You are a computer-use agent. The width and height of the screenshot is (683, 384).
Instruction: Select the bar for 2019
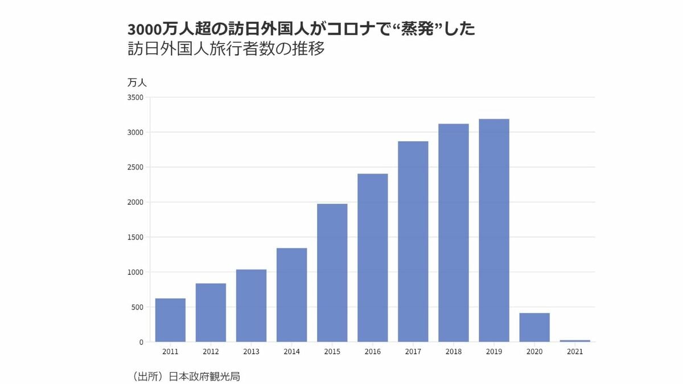tap(494, 230)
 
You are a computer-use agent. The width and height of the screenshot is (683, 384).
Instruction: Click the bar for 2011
tap(170, 320)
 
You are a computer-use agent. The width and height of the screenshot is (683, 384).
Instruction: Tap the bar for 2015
tap(332, 272)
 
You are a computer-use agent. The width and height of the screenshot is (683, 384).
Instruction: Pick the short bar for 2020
tap(534, 327)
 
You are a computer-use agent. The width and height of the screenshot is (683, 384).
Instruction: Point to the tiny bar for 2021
tap(575, 341)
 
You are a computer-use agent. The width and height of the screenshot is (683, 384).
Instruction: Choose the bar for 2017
tap(413, 241)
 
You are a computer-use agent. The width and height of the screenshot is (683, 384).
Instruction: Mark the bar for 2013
tap(251, 305)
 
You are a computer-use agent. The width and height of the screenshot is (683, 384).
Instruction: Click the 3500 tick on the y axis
tap(135, 97)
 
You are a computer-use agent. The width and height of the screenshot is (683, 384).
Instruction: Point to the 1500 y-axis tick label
tap(135, 237)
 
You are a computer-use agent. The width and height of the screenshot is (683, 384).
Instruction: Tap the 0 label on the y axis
tap(141, 342)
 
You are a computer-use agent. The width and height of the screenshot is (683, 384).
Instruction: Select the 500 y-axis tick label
tap(137, 307)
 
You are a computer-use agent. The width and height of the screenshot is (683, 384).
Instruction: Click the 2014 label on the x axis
tap(291, 352)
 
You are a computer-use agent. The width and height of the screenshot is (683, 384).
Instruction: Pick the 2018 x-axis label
tap(454, 352)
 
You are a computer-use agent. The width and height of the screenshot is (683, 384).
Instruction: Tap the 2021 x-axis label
tap(575, 352)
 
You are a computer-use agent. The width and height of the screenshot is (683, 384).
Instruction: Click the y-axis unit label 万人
tap(137, 82)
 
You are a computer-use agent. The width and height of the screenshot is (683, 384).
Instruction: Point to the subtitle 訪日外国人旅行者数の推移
tap(226, 49)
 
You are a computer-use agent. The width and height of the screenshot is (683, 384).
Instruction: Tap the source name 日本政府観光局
tap(204, 377)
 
